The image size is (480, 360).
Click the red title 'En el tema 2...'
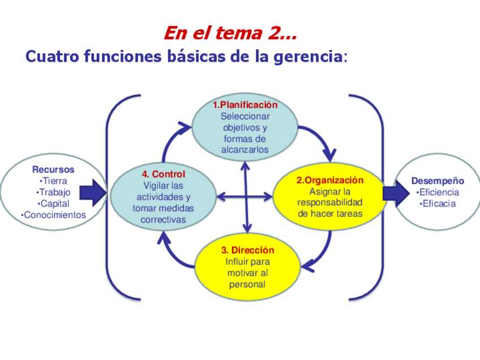pos(230,33)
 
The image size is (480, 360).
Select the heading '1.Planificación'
pos(245,105)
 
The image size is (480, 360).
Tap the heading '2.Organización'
pos(330,180)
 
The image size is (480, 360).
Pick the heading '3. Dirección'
pos(247,250)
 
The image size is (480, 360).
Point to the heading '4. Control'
pos(163,174)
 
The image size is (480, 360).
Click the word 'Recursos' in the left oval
pos(53,169)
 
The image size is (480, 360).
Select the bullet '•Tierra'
pos(53,181)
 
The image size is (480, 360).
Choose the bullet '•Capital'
pos(53,204)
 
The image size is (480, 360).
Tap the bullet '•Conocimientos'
pos(53,215)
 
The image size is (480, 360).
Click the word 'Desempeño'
pos(438,181)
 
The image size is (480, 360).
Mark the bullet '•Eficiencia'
pos(438,192)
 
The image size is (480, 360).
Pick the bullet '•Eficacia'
pos(438,204)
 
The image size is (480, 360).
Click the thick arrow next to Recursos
pos(92,193)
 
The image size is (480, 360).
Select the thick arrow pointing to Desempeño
pos(396,193)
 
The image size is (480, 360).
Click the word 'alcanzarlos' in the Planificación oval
pos(245,150)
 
